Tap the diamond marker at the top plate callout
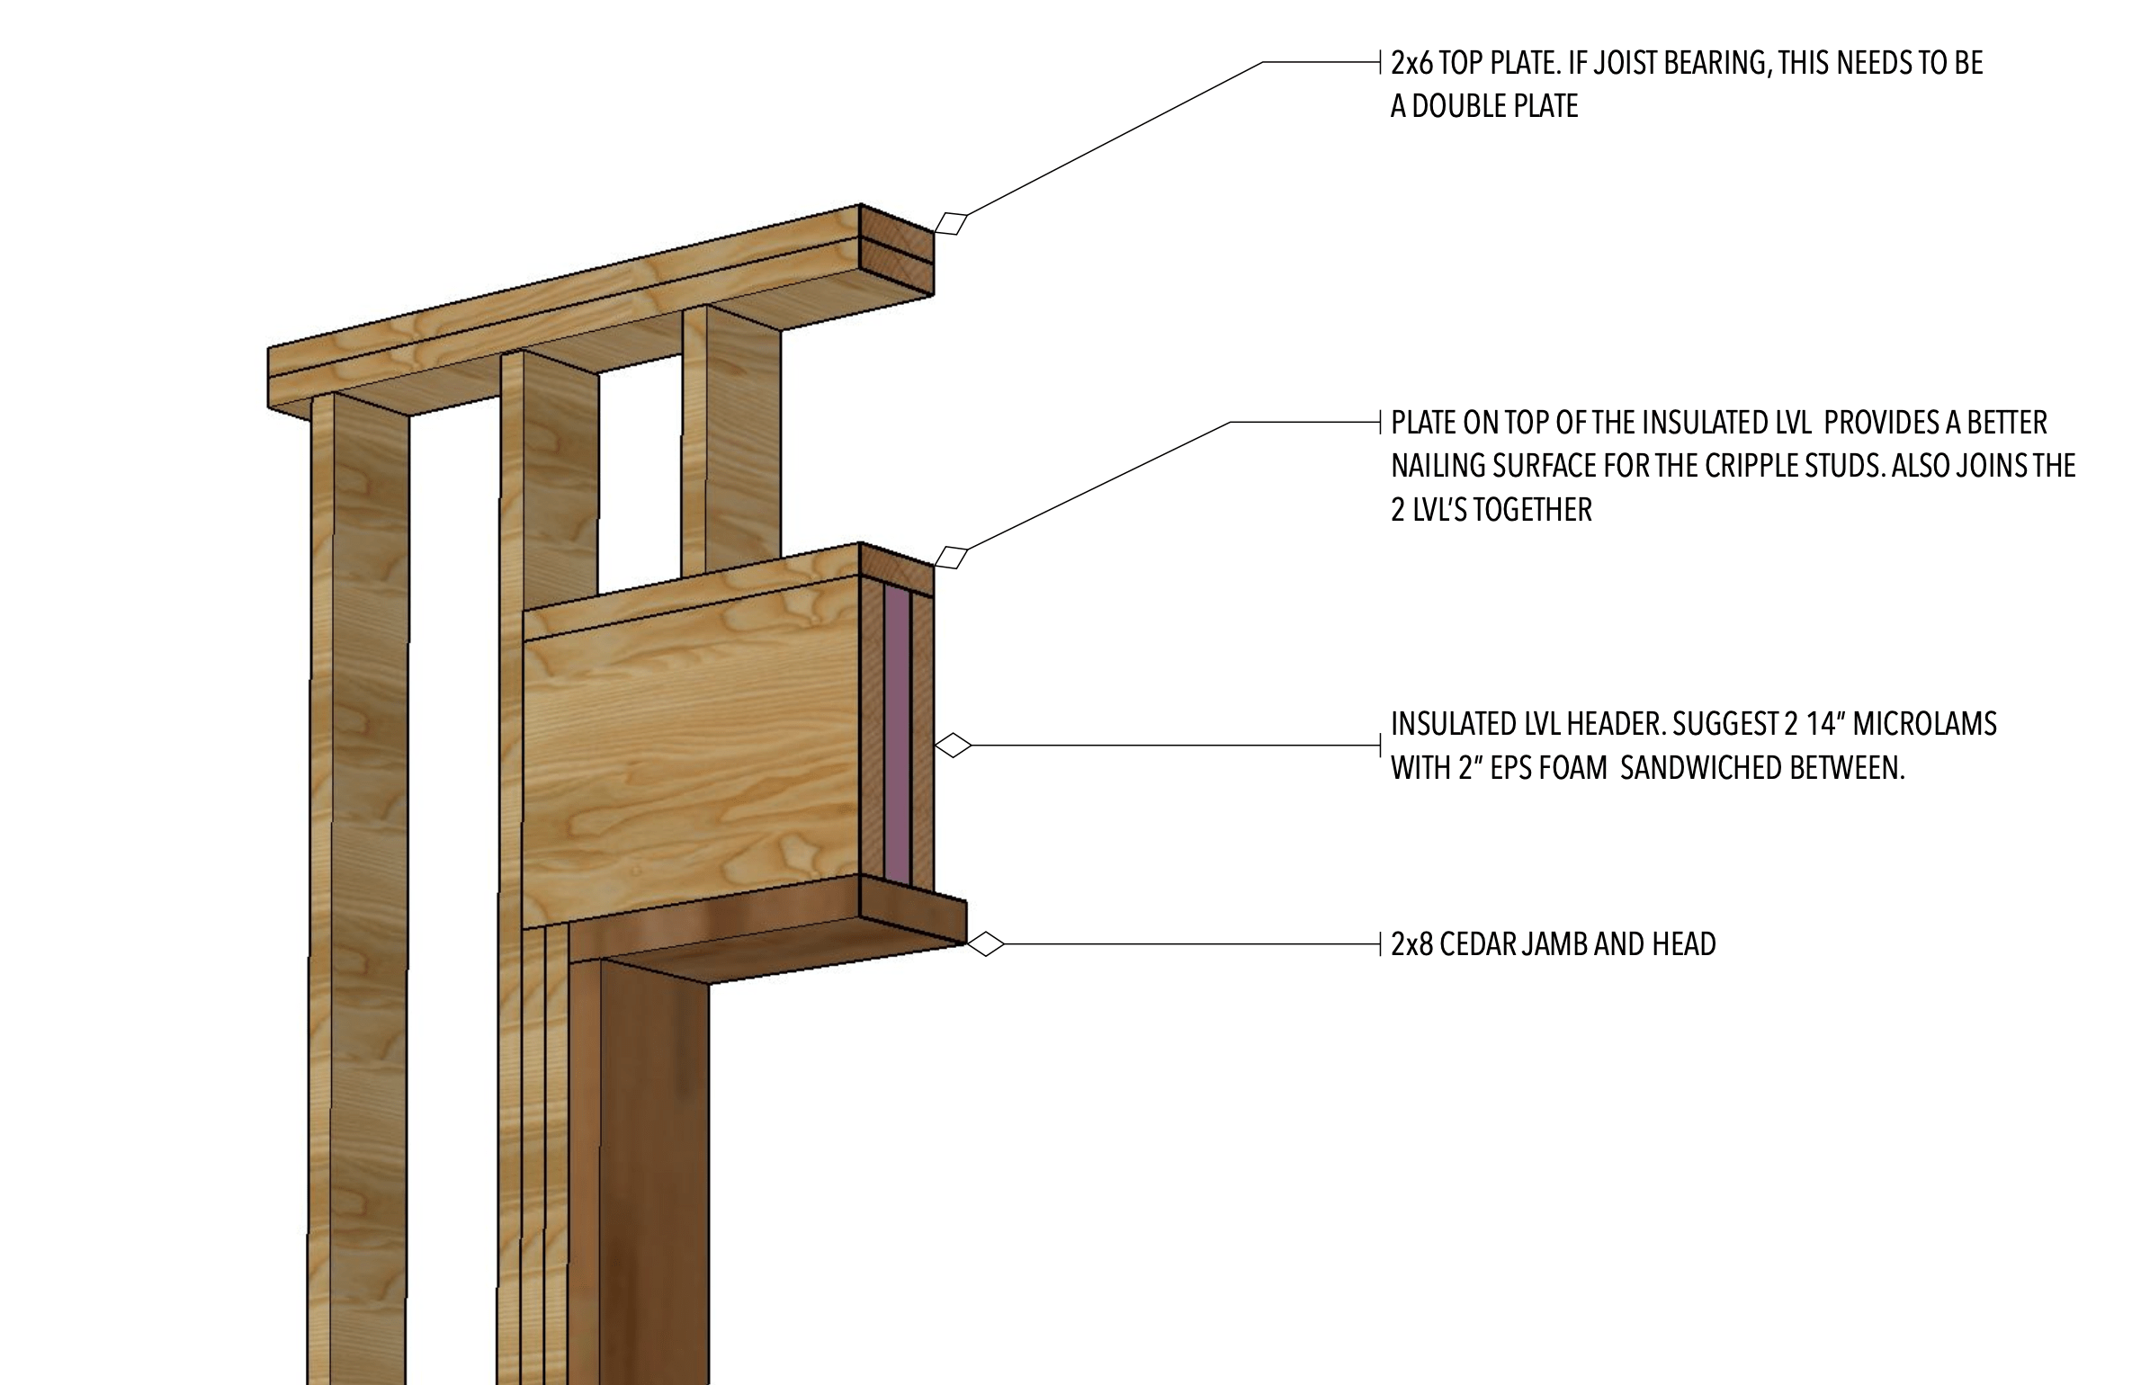pos(951,222)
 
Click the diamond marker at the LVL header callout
pos(954,745)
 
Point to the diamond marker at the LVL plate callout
pos(951,558)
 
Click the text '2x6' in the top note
pos(1411,63)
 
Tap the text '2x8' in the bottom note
pos(1411,944)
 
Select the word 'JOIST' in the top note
pos(1645,63)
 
